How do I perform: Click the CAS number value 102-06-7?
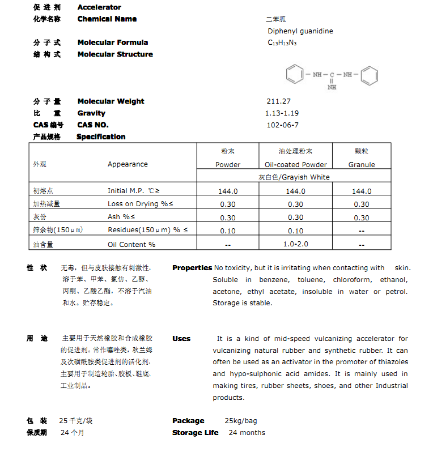click(x=282, y=125)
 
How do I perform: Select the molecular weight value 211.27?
click(x=278, y=101)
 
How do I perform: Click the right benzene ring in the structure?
click(x=370, y=74)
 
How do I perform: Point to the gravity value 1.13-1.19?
click(x=282, y=113)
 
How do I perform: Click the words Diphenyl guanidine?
click(x=300, y=31)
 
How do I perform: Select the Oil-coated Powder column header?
click(x=296, y=165)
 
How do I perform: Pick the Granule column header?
click(x=362, y=165)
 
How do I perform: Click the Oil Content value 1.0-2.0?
click(x=295, y=244)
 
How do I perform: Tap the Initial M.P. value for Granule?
click(x=362, y=191)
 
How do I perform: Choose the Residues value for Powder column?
click(x=228, y=231)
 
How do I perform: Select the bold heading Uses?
click(x=181, y=339)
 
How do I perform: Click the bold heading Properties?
click(x=192, y=268)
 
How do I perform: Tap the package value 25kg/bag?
click(x=241, y=421)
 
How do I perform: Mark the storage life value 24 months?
click(x=247, y=433)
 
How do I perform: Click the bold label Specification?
click(x=101, y=137)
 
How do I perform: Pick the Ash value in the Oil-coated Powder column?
click(x=295, y=218)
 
